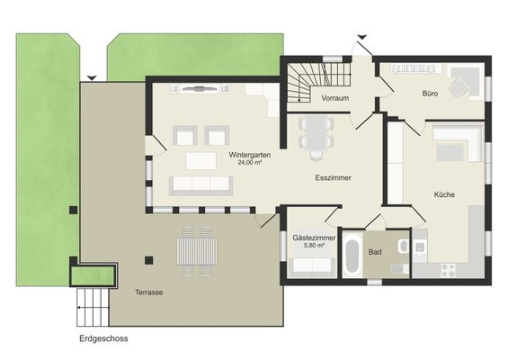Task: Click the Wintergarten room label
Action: [249, 155]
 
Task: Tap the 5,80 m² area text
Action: [314, 246]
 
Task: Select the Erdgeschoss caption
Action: [103, 338]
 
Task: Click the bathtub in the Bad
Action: [352, 254]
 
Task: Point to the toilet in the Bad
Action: [399, 268]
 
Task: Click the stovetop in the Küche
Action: [448, 271]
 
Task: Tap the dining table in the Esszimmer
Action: [316, 132]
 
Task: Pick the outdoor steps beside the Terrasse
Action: [93, 307]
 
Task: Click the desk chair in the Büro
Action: [458, 87]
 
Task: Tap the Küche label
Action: [444, 194]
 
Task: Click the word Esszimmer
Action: [333, 177]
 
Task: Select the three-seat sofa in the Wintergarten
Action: [201, 185]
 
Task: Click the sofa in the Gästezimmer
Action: [312, 266]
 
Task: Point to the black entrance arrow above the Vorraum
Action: [362, 37]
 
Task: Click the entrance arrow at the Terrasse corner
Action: [92, 77]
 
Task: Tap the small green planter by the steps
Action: [93, 275]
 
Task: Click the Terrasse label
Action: [149, 292]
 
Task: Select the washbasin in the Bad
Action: [404, 246]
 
